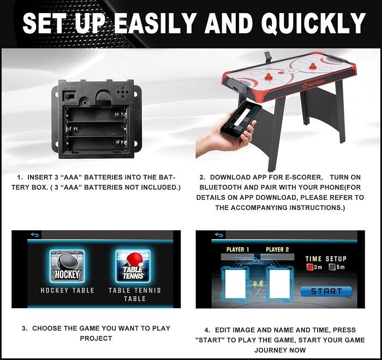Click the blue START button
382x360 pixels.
(x=326, y=291)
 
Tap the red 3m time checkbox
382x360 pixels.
(x=309, y=267)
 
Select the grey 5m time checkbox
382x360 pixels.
(x=332, y=267)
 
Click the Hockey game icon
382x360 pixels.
(x=67, y=266)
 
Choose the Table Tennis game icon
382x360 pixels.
(x=133, y=266)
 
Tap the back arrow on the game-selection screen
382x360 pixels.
(x=35, y=235)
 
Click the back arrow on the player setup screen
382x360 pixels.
(x=219, y=235)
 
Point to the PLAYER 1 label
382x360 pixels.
(x=238, y=249)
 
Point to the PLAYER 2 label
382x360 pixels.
(x=277, y=249)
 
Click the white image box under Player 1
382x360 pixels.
(x=235, y=284)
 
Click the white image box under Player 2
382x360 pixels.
(x=279, y=284)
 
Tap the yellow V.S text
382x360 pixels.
(x=258, y=284)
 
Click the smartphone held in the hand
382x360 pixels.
(x=241, y=119)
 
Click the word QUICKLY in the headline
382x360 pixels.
(x=314, y=23)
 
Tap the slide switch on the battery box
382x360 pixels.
(x=69, y=95)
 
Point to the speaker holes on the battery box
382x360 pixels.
(x=123, y=93)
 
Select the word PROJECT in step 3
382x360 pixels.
(x=96, y=338)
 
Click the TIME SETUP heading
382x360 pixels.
(x=326, y=259)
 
